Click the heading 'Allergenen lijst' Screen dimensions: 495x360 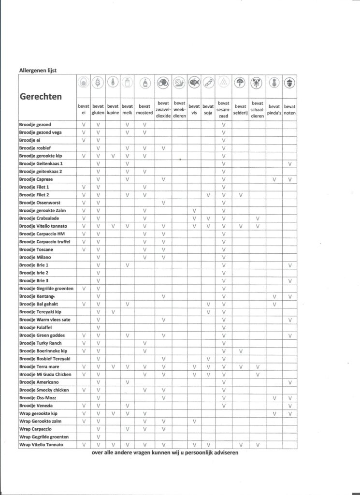point(38,71)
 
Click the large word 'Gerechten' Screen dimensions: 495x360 point(41,96)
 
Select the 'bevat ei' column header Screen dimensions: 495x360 point(84,109)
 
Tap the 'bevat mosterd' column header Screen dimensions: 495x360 point(144,109)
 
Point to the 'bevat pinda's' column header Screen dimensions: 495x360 point(274,109)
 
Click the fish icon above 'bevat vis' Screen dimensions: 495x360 point(194,83)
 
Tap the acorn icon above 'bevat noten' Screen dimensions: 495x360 point(290,83)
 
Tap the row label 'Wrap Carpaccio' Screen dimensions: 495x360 point(35,429)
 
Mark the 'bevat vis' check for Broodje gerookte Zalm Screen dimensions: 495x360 point(194,211)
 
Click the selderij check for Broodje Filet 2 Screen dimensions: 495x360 point(240,195)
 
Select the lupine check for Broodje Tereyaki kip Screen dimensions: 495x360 point(113,312)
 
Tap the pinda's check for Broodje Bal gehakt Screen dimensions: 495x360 point(274,304)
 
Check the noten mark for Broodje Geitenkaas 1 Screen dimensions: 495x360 point(290,164)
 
